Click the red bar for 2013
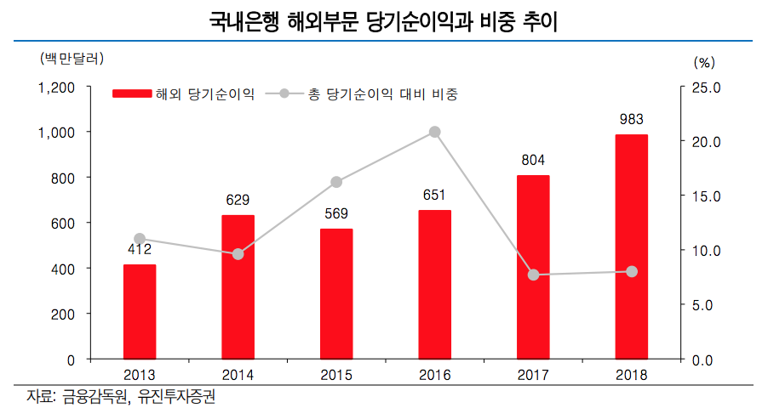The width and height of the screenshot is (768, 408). tap(140, 312)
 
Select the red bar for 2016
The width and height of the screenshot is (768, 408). tap(434, 285)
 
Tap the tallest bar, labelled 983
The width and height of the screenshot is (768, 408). tap(632, 246)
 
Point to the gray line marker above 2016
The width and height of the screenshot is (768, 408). tap(434, 132)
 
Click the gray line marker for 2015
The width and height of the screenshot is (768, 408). tap(336, 182)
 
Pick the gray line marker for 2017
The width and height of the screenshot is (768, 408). tap(534, 275)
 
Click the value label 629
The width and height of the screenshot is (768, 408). tap(238, 201)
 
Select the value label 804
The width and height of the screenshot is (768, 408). tap(533, 160)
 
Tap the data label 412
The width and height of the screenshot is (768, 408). tap(140, 249)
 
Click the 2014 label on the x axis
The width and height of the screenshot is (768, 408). tap(238, 375)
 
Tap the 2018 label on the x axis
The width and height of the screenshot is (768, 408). tap(632, 375)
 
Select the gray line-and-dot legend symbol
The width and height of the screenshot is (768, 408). tap(284, 94)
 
